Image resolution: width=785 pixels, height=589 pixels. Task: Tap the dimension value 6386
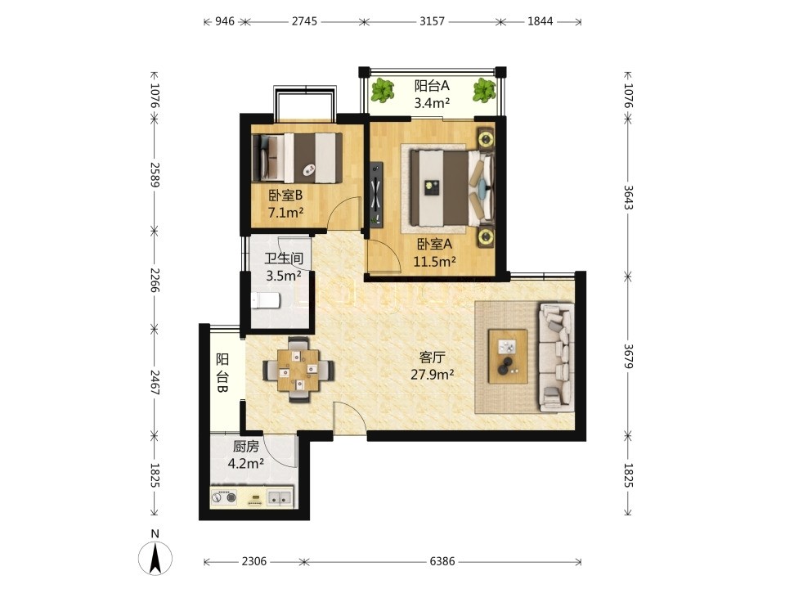[442, 561]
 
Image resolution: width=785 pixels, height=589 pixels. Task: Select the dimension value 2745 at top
[304, 21]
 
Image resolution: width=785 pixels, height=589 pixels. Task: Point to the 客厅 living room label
[432, 357]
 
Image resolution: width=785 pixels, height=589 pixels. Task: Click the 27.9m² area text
[433, 375]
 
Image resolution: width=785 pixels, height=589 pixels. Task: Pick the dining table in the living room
[298, 370]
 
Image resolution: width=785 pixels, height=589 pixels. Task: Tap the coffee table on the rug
[508, 356]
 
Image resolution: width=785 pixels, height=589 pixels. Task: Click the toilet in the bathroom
[265, 300]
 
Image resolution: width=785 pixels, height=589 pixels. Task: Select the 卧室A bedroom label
[434, 244]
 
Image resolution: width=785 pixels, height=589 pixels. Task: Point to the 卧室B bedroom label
[285, 196]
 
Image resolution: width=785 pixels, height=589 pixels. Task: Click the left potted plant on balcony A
[383, 90]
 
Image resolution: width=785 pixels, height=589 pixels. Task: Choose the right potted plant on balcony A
[484, 90]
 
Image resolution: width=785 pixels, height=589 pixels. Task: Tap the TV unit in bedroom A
[376, 193]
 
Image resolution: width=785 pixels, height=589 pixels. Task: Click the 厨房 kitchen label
[246, 447]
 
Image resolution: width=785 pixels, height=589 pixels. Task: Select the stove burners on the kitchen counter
[224, 498]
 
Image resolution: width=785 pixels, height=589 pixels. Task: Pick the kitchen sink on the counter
[280, 497]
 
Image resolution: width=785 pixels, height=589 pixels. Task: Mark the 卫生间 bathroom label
[284, 259]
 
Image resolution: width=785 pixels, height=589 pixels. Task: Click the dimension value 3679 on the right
[628, 356]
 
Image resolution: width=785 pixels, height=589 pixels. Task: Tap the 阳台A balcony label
[432, 86]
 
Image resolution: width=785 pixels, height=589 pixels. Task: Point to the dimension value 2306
[254, 561]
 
